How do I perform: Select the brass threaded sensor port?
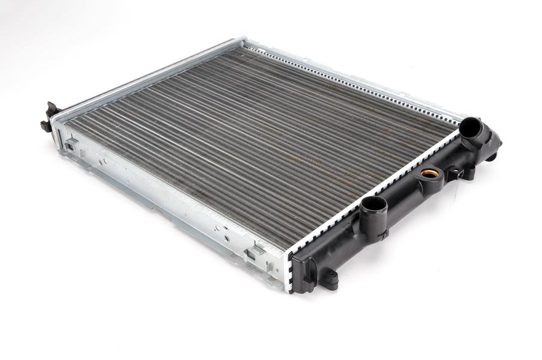[x=428, y=174]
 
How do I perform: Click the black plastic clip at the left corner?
[x=49, y=117]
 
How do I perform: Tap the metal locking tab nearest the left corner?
[x=71, y=144]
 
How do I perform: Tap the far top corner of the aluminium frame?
[x=244, y=41]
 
